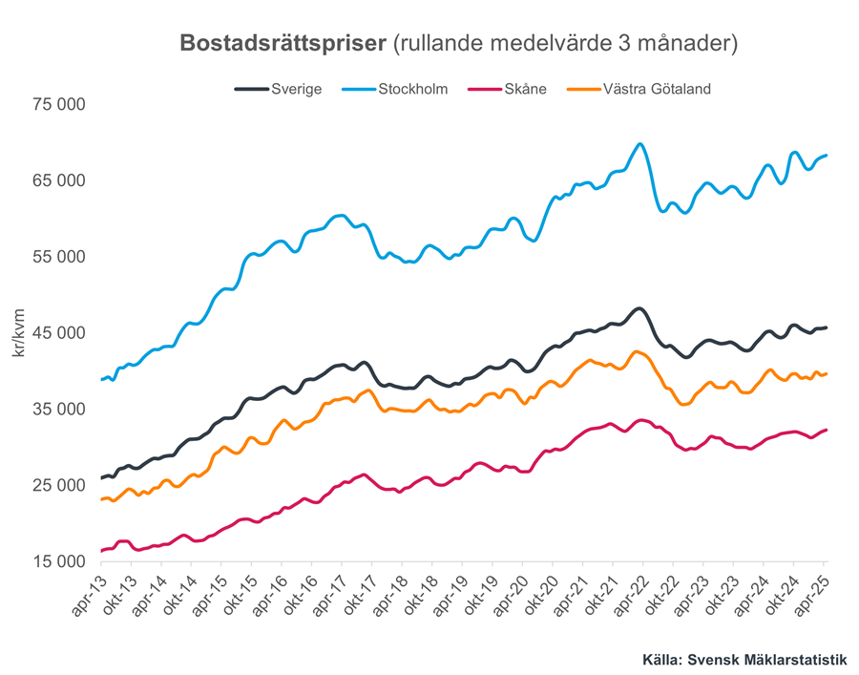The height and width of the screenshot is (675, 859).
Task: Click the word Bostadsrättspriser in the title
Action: pyautogui.click(x=283, y=43)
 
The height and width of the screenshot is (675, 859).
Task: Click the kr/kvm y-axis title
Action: pyautogui.click(x=20, y=333)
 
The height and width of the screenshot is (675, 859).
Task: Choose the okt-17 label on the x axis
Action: pyautogui.click(x=359, y=599)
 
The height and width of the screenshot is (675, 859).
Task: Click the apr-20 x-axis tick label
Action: pyautogui.click(x=510, y=599)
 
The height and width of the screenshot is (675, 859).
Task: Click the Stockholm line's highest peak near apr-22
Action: pyautogui.click(x=639, y=144)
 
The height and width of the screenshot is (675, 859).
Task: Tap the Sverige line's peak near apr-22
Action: pyautogui.click(x=639, y=308)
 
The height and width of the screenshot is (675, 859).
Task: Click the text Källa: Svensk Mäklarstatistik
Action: pyautogui.click(x=745, y=660)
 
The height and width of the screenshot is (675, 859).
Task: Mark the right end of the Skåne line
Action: pyautogui.click(x=827, y=430)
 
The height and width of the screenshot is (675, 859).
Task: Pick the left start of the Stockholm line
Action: pyautogui.click(x=101, y=380)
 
